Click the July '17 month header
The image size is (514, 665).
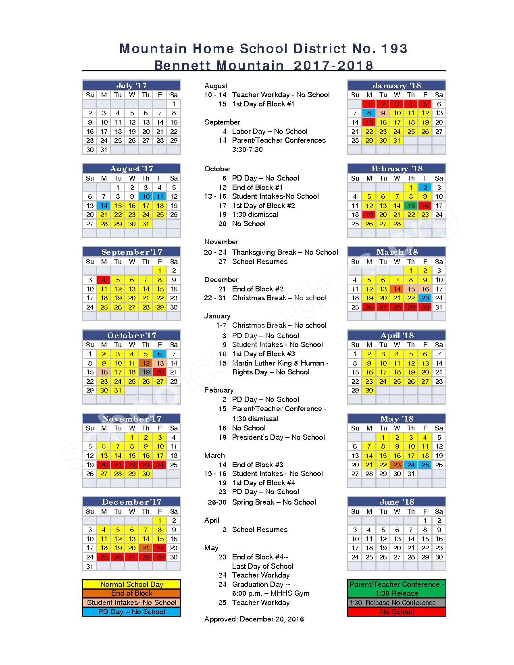tap(131, 85)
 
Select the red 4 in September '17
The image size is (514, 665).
tap(104, 280)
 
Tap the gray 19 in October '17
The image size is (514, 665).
tap(146, 372)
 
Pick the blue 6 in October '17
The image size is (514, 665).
tap(160, 354)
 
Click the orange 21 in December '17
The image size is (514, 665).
tap(146, 548)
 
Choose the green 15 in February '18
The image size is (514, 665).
tap(411, 206)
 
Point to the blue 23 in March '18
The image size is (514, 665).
tap(425, 298)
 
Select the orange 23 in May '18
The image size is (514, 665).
tap(397, 465)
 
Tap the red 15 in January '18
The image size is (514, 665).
tap(369, 122)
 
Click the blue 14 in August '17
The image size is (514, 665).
tap(104, 206)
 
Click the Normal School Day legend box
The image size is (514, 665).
tap(131, 584)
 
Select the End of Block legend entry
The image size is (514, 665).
tap(131, 593)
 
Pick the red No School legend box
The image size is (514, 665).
tap(397, 612)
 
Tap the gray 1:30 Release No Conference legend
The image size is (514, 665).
tap(397, 603)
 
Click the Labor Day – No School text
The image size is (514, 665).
tap(270, 131)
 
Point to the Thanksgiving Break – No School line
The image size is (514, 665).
tap(285, 252)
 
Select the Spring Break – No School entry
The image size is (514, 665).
tap(274, 502)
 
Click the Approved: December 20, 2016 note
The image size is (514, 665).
tap(254, 619)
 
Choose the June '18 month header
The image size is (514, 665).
tap(397, 502)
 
